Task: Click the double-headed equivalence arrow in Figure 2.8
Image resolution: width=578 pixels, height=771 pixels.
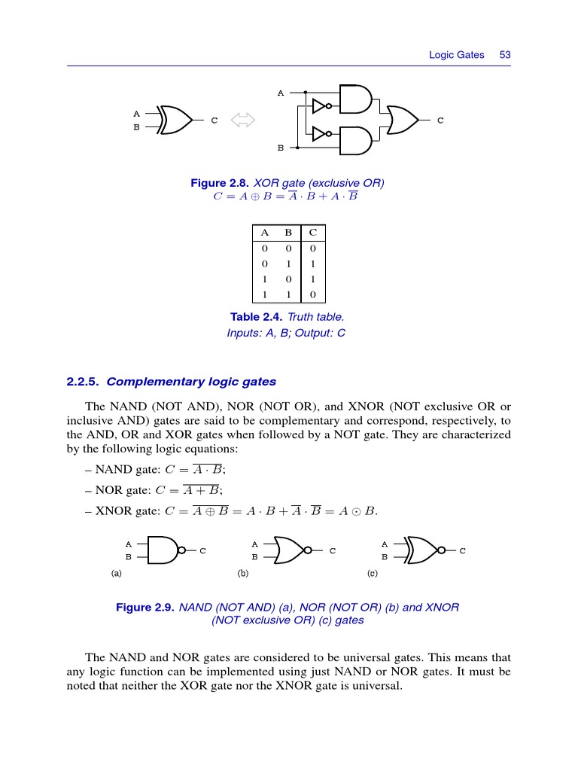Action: click(x=244, y=120)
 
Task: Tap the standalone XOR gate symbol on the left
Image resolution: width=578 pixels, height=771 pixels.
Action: click(x=174, y=120)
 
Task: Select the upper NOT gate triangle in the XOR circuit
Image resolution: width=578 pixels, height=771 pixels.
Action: click(x=320, y=105)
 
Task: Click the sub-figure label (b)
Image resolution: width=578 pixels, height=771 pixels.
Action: click(x=243, y=574)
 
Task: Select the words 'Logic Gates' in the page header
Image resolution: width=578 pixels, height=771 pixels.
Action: click(x=456, y=55)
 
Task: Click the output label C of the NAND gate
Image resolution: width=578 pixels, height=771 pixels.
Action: click(x=202, y=551)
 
